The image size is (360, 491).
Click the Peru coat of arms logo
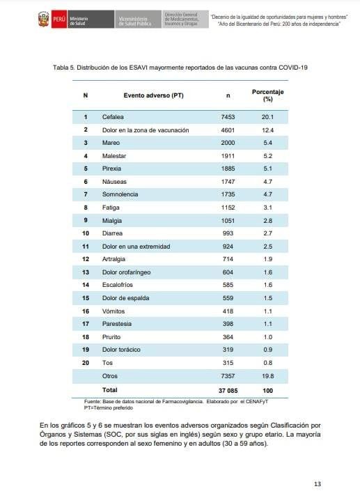click(43, 20)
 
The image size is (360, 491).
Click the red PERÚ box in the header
click(59, 20)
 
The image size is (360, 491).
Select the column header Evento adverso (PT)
click(153, 95)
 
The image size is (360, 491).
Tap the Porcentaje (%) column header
click(267, 95)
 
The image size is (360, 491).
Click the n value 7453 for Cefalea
click(228, 117)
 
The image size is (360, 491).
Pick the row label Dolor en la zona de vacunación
click(146, 130)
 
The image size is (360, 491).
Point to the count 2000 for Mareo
click(228, 143)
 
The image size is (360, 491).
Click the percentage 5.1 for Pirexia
click(267, 169)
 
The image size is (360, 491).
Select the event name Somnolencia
click(120, 194)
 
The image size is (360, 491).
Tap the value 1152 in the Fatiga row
click(228, 208)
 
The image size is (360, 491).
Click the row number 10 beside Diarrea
click(86, 233)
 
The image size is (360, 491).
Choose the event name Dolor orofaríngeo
click(126, 272)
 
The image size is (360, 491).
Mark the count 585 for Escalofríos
click(228, 285)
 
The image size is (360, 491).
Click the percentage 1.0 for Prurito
click(267, 337)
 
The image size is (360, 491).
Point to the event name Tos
click(107, 363)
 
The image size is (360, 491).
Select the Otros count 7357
click(228, 376)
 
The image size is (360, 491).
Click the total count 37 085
click(228, 391)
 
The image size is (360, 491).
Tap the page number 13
click(318, 484)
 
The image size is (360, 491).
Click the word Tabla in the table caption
click(60, 68)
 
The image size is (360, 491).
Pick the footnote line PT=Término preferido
click(109, 408)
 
